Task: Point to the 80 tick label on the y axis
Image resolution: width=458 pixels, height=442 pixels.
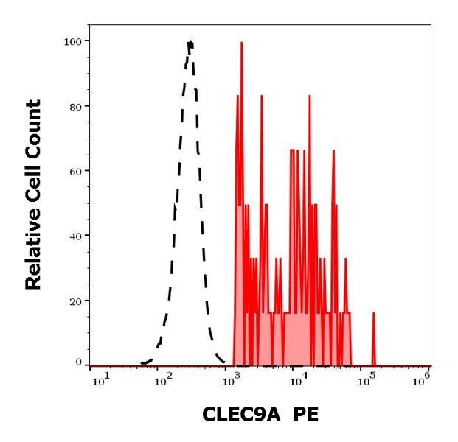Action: [74, 106]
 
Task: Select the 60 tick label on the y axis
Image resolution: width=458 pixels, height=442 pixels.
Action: [74, 171]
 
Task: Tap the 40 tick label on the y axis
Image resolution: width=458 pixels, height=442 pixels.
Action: [74, 236]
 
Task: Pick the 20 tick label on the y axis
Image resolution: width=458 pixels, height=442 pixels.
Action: [74, 301]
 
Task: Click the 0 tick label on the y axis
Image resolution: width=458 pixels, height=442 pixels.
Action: [77, 362]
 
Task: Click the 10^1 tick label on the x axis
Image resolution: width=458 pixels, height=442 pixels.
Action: [100, 378]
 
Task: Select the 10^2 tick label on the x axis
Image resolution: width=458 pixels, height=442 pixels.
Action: [163, 378]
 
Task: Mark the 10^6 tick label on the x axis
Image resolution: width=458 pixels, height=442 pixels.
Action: [421, 378]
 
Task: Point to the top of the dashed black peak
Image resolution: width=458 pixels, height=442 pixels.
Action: [190, 42]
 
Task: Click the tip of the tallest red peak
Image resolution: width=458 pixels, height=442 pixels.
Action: [241, 42]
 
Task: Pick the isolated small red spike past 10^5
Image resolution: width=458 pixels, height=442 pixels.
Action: [374, 314]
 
